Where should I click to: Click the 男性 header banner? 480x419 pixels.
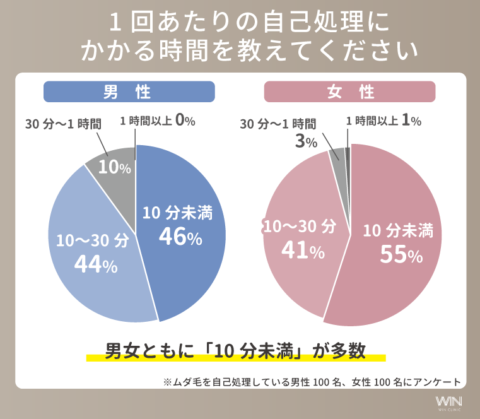(129, 92)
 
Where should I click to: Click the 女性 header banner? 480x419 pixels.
(349, 92)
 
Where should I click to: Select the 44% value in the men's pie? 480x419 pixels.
(96, 264)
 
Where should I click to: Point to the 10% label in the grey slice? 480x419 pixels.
(114, 168)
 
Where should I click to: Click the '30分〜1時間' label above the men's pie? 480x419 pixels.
(63, 124)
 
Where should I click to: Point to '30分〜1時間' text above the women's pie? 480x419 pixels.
(278, 124)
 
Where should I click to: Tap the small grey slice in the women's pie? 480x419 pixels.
(339, 154)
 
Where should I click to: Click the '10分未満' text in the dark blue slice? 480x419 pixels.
(177, 213)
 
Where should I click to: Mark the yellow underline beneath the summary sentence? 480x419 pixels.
(235, 358)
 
